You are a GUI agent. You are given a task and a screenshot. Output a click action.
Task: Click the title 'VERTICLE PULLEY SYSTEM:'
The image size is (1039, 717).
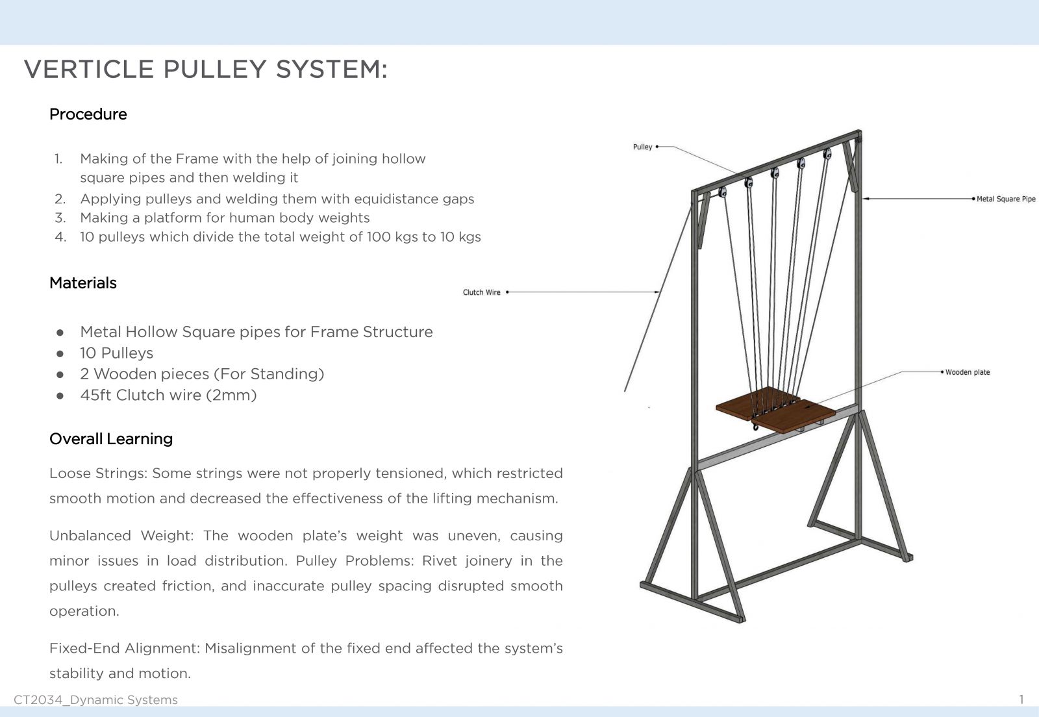pyautogui.click(x=205, y=69)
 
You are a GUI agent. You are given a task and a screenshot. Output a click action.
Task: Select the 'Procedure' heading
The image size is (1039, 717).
pyautogui.click(x=88, y=114)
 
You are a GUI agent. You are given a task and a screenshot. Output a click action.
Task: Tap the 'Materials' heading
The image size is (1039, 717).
pyautogui.click(x=83, y=283)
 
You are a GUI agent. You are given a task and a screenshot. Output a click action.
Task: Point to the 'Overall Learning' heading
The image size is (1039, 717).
pyautogui.click(x=111, y=439)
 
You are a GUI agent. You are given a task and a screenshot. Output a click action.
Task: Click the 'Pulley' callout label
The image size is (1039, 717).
pyautogui.click(x=642, y=147)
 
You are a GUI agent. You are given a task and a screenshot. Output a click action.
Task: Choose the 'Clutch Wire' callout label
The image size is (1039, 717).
pyautogui.click(x=481, y=292)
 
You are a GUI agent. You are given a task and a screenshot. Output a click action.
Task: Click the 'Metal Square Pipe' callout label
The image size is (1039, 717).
pyautogui.click(x=1006, y=199)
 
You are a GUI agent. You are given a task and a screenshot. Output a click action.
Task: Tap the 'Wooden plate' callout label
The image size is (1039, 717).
pyautogui.click(x=968, y=372)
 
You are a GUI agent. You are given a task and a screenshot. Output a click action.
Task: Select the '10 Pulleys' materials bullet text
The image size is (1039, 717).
pyautogui.click(x=116, y=353)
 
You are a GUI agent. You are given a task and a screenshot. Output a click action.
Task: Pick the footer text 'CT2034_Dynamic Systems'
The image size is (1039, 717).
pyautogui.click(x=95, y=700)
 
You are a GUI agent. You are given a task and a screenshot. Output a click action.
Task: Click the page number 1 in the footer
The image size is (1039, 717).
pyautogui.click(x=1021, y=699)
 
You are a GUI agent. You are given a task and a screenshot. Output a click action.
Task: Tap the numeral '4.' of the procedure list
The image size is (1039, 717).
pyautogui.click(x=60, y=237)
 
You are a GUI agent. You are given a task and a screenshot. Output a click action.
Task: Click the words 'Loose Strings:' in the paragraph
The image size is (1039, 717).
pyautogui.click(x=98, y=473)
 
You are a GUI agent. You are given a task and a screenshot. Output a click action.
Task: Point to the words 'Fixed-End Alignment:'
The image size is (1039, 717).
pyautogui.click(x=125, y=648)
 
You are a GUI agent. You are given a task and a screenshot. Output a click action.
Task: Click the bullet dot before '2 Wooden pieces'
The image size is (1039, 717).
pyautogui.click(x=60, y=375)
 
